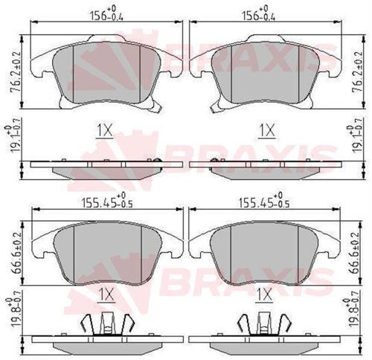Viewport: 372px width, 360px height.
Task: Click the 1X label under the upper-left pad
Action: click(105, 131)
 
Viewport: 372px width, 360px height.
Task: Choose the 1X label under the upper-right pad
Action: click(266, 131)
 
